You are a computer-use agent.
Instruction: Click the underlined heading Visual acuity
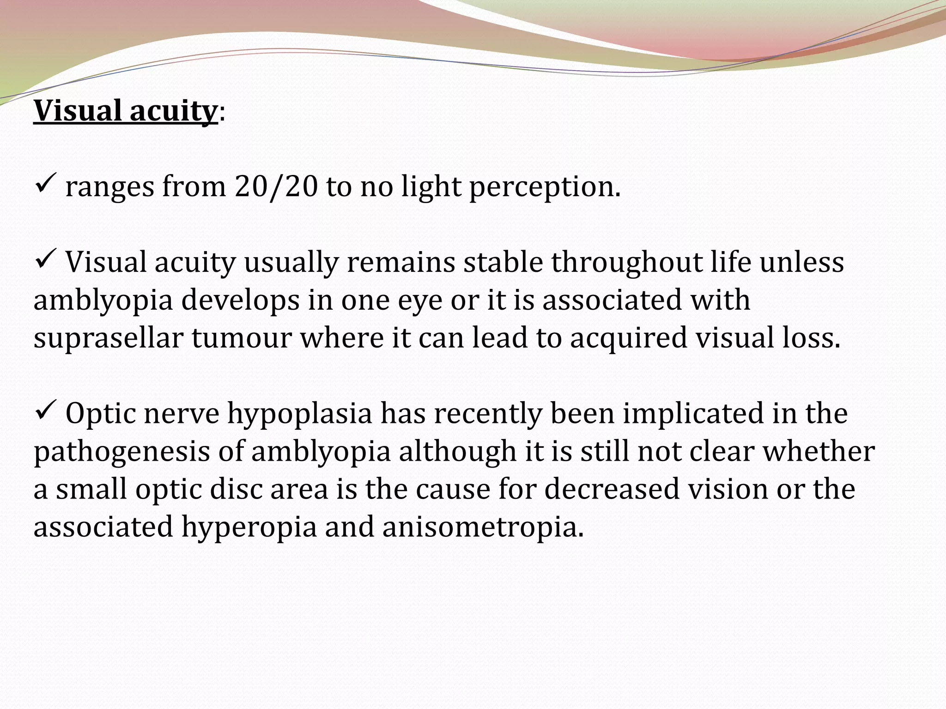coord(125,111)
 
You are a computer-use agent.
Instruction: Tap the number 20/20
coord(276,187)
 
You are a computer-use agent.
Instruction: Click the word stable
coord(503,262)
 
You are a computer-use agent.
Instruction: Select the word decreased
coord(612,489)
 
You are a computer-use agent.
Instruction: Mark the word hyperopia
coord(249,528)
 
